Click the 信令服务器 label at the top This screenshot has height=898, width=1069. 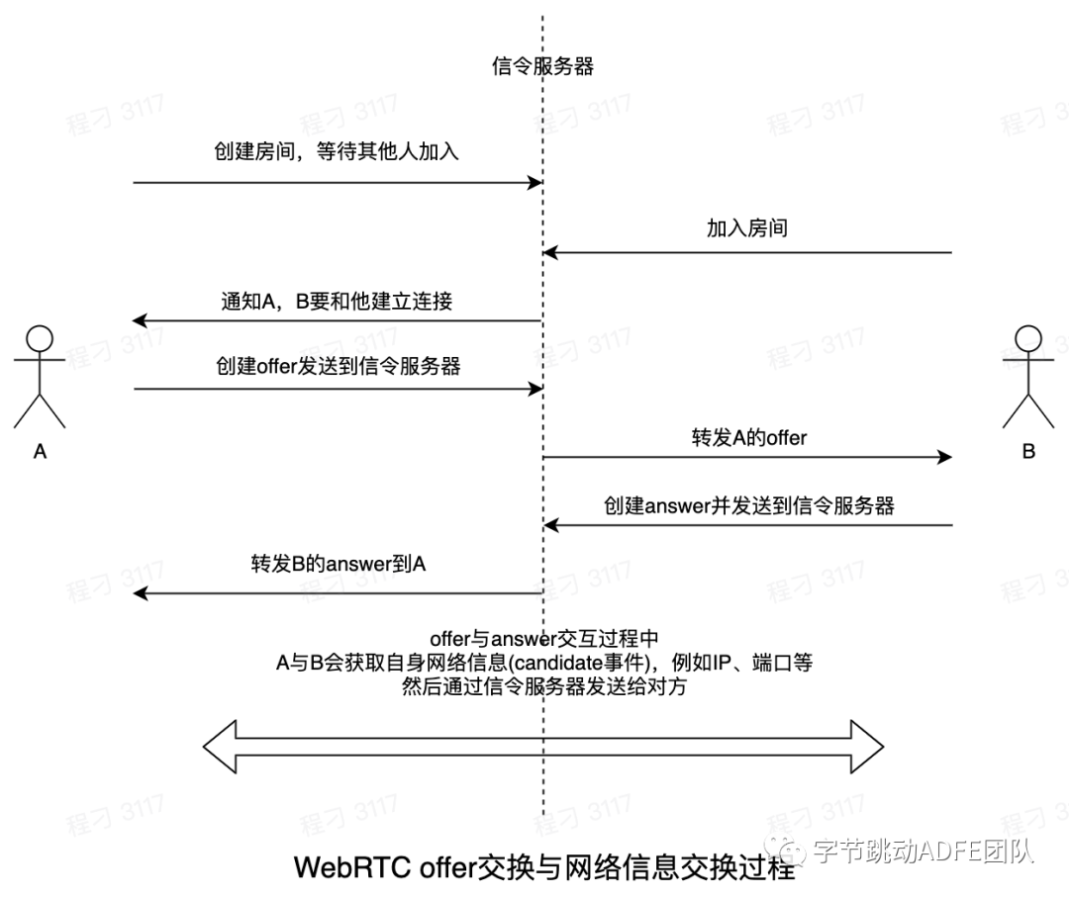[x=542, y=67]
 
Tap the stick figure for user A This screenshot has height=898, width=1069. [x=40, y=376]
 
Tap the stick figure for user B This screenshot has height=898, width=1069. [x=1028, y=376]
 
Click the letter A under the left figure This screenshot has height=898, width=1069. [x=40, y=452]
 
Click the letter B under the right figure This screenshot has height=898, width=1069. [x=1028, y=452]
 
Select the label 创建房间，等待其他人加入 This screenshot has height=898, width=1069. [x=337, y=152]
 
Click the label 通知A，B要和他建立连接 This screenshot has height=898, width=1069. [x=337, y=302]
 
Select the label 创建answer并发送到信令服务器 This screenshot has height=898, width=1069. [x=749, y=505]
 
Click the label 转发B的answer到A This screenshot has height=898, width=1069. [x=338, y=564]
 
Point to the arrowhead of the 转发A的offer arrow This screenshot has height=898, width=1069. [x=944, y=456]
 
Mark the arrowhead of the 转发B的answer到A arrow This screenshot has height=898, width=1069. [x=141, y=593]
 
